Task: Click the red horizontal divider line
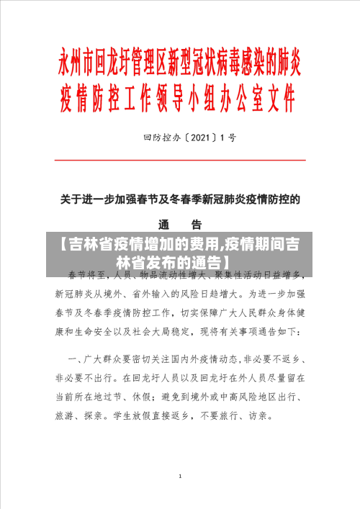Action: pos(180,160)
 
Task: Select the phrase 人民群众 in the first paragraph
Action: pos(253,313)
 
